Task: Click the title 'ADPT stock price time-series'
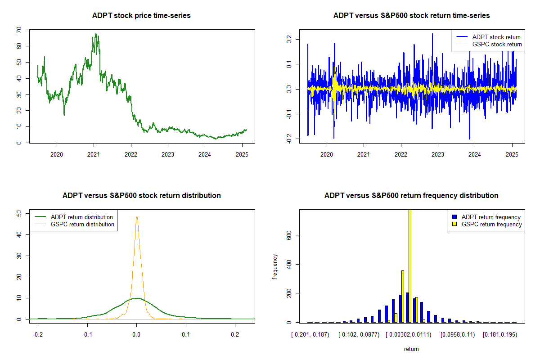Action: pos(141,16)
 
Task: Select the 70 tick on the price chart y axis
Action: pos(19,30)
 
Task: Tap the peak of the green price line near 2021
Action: pos(95,34)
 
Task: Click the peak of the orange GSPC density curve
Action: pos(137,216)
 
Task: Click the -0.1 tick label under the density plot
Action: pos(87,335)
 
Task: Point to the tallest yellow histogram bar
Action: pos(410,265)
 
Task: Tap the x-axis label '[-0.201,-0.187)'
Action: pos(310,335)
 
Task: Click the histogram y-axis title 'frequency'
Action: pos(275,266)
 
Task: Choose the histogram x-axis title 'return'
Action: pos(411,349)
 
